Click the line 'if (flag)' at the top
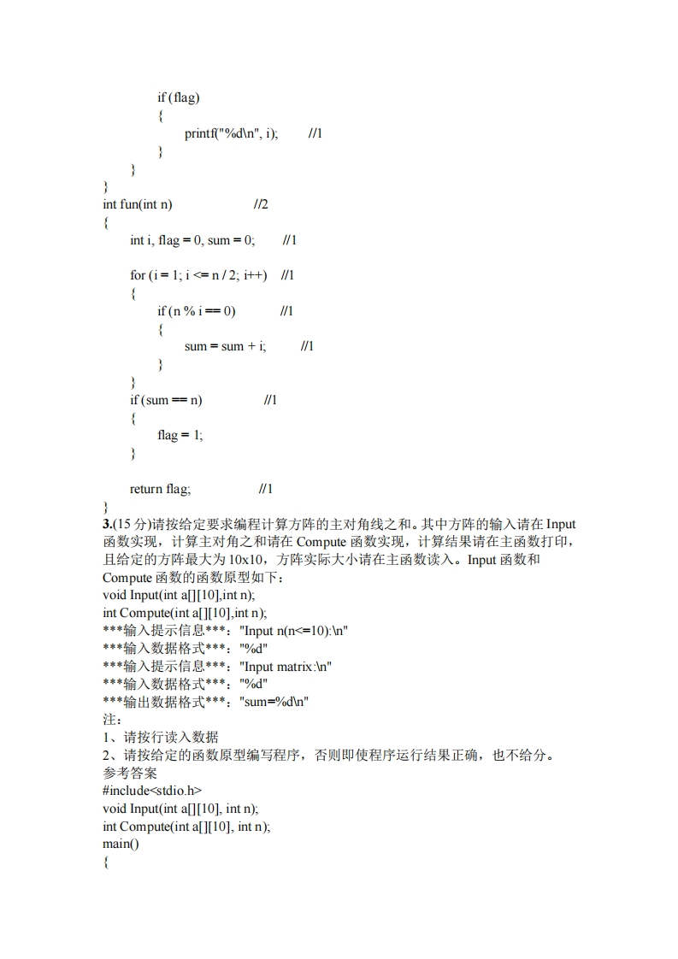[178, 97]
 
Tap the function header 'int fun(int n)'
[137, 204]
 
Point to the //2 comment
[261, 204]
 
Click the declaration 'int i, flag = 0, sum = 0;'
[192, 240]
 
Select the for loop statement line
[198, 275]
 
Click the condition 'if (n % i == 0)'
[196, 311]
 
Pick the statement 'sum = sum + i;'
[225, 346]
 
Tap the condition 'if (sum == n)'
[166, 400]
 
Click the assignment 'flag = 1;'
[180, 435]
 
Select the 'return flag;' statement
[160, 489]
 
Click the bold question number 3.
[106, 524]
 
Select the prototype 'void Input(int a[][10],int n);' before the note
[178, 595]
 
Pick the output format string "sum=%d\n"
[274, 702]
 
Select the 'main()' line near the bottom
[120, 844]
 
